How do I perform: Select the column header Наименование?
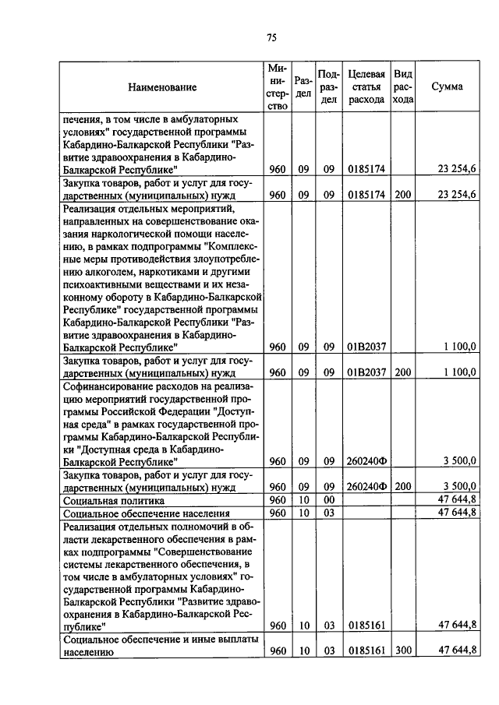163,87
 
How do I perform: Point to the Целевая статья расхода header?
366,86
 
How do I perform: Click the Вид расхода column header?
402,86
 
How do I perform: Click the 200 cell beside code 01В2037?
402,372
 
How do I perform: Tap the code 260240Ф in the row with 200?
366,486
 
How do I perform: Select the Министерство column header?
277,86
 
